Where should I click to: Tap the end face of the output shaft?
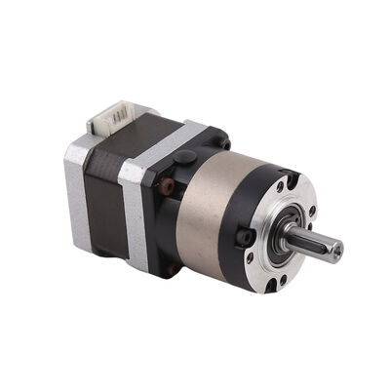336,252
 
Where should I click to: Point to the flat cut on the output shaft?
314,238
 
